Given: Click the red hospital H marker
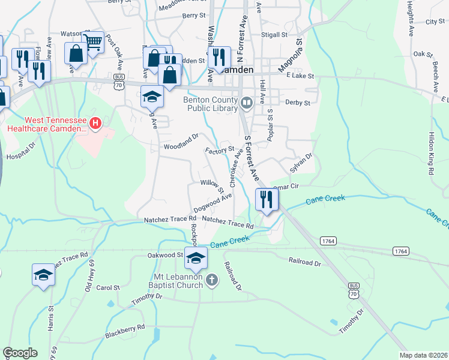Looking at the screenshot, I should tap(95, 124).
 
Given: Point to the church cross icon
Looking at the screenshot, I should tap(211, 280).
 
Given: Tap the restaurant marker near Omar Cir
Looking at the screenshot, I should tap(267, 199).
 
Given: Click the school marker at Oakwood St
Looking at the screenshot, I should tap(196, 258).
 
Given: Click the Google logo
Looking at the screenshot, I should tap(20, 353).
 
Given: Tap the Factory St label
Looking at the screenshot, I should tap(219, 149).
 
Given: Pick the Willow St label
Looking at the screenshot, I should tap(212, 185).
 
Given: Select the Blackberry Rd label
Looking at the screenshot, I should tap(125, 330).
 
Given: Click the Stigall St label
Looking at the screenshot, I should tap(274, 35).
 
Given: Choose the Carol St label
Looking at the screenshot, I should tap(109, 287).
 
